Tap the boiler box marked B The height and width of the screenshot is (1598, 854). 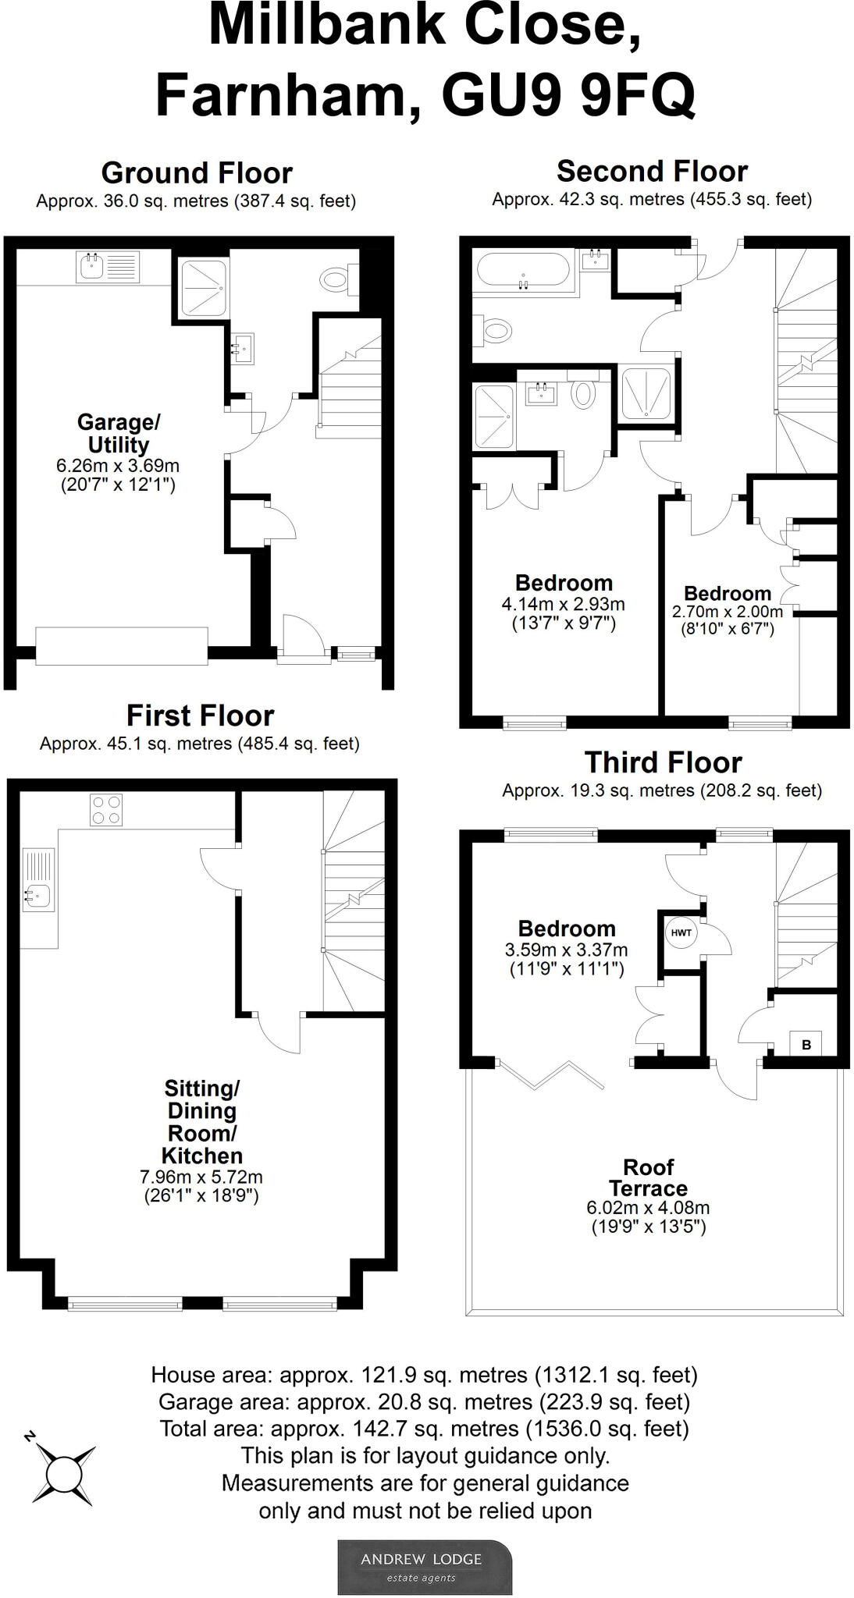point(806,1044)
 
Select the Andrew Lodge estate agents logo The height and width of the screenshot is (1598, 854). point(425,1566)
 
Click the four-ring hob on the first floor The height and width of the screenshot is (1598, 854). point(106,810)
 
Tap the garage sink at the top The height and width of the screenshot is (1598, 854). point(108,267)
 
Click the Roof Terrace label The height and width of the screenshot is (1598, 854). point(648,1177)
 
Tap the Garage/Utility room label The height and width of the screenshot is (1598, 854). point(119,433)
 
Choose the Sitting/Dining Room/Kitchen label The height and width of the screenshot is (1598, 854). point(201,1121)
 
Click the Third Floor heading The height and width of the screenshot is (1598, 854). point(663,762)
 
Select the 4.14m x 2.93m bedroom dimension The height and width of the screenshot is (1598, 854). point(563,604)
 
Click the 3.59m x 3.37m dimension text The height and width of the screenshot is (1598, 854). point(566,950)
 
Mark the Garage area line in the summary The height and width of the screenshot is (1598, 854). point(424,1402)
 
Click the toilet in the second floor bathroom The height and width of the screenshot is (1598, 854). point(496,330)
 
